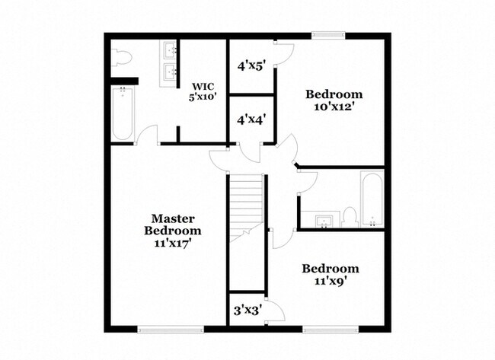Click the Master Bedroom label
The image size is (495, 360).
pyautogui.click(x=174, y=224)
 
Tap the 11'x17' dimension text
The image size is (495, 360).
pyautogui.click(x=174, y=244)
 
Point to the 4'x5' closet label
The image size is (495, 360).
pyautogui.click(x=251, y=66)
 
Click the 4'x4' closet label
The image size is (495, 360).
pyautogui.click(x=251, y=119)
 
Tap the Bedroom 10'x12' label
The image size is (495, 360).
pyautogui.click(x=334, y=100)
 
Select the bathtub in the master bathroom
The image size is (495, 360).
pyautogui.click(x=123, y=113)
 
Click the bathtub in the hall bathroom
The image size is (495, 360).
pyautogui.click(x=372, y=199)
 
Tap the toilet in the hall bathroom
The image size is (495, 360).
pyautogui.click(x=350, y=217)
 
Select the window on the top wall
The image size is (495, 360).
pyautogui.click(x=328, y=34)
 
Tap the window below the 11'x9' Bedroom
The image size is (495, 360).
pyautogui.click(x=331, y=330)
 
